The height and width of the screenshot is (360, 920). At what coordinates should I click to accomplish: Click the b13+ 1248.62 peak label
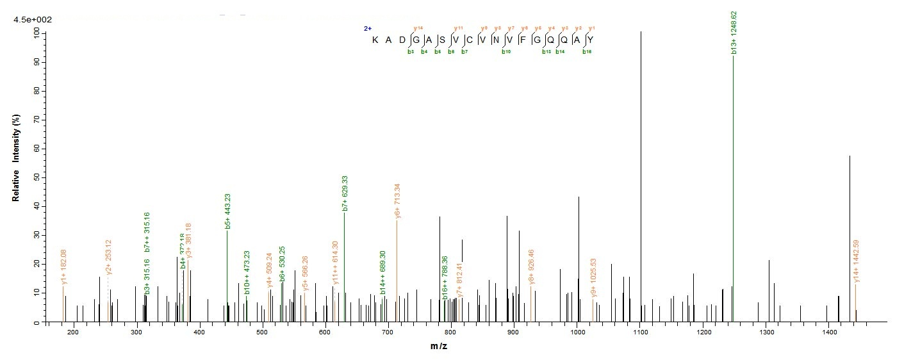pyautogui.click(x=734, y=33)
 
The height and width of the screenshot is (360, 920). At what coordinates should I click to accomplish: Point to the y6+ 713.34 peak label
pyautogui.click(x=397, y=202)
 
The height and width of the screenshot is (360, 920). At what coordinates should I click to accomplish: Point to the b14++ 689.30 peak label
pyautogui.click(x=382, y=272)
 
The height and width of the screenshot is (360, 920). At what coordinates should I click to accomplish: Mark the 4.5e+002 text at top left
pyautogui.click(x=33, y=20)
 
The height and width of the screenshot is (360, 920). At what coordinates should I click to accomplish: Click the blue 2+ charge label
pyautogui.click(x=368, y=29)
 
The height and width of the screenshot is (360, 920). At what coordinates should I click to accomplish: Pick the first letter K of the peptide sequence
pyautogui.click(x=375, y=40)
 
